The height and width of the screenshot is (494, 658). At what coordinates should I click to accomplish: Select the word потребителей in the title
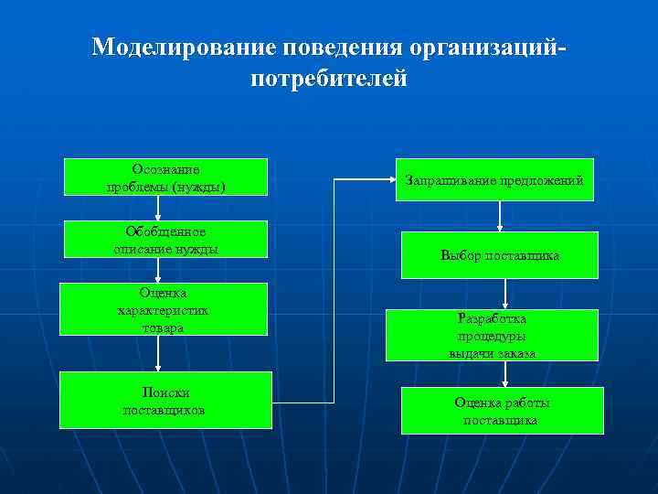coord(328,79)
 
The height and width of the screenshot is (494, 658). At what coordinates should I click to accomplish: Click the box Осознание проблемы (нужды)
coord(165,177)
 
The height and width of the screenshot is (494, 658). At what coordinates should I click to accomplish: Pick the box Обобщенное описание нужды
coord(165,239)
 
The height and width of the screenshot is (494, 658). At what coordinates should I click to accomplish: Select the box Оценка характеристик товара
coord(163,309)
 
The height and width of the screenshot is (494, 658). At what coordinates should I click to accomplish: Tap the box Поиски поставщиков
coord(165,400)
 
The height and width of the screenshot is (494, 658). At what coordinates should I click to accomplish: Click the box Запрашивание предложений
coord(493,180)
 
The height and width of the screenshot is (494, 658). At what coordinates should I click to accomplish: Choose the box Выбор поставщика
coord(499,255)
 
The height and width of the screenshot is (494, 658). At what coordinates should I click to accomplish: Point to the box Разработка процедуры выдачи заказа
coord(492,335)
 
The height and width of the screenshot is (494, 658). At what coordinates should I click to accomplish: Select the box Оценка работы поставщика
coord(502,411)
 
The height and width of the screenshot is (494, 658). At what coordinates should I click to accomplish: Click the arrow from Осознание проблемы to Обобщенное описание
coord(157,208)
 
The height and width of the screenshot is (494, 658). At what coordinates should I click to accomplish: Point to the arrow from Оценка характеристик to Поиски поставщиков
coord(157,353)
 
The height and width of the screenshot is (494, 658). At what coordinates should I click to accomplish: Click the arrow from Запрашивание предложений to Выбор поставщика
coord(500,216)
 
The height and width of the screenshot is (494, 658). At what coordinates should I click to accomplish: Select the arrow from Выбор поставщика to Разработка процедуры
coord(504,294)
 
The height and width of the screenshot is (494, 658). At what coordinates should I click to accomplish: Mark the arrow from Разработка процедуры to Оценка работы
coord(493,373)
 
